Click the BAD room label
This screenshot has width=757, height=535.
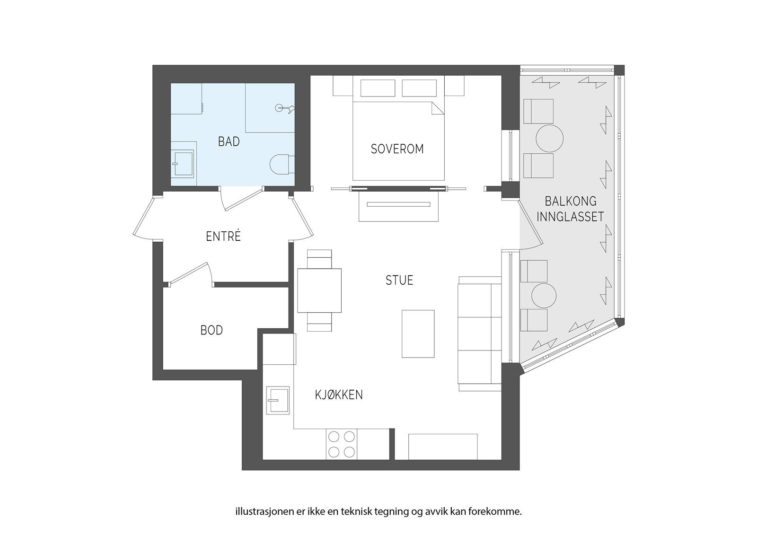coord(229,141)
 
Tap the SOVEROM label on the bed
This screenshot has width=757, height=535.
coord(397,149)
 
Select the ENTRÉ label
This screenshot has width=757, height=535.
coord(223,236)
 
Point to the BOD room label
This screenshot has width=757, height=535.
coord(211,330)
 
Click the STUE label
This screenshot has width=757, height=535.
coord(399,280)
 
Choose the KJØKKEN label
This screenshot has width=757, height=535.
coord(339,395)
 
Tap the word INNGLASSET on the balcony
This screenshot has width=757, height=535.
coord(570,217)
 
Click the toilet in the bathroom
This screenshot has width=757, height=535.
coord(282,165)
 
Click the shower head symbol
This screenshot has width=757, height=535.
coord(284,108)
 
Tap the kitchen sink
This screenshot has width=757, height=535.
coord(278,400)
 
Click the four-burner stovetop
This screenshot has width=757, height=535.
coord(341,445)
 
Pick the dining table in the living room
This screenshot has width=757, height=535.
coord(319,290)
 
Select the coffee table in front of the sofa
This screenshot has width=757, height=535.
coord(418,333)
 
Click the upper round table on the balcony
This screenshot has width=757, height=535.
coord(549,138)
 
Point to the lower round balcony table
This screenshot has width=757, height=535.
coord(544,295)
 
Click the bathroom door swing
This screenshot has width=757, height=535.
coord(243,201)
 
